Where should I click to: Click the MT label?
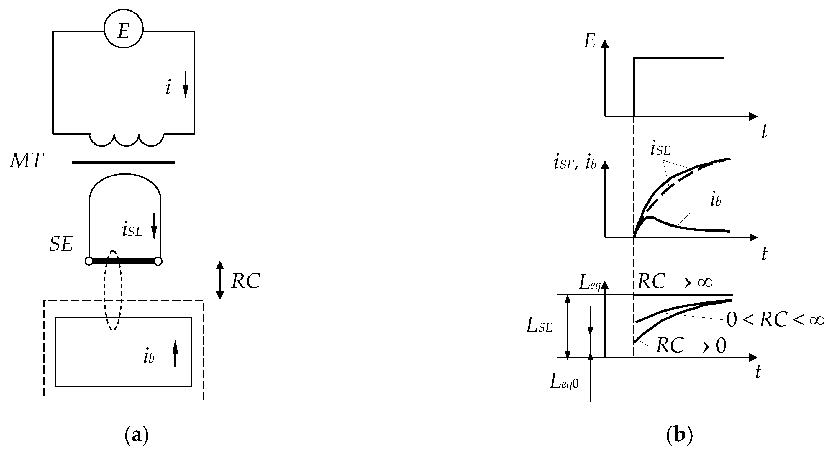(x=27, y=160)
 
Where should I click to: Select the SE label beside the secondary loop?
(x=61, y=244)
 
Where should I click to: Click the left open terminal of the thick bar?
(x=89, y=261)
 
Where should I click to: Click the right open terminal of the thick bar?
(x=158, y=261)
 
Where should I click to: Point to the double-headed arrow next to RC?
(x=220, y=280)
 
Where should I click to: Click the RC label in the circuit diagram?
(x=246, y=281)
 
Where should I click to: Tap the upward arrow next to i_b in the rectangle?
(x=175, y=353)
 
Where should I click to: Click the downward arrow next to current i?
(x=186, y=85)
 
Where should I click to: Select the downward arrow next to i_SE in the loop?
(x=154, y=227)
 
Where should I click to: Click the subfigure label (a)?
(x=137, y=436)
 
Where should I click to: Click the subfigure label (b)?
(x=679, y=436)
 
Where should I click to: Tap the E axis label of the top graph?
(x=590, y=41)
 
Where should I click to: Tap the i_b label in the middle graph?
(x=715, y=201)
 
